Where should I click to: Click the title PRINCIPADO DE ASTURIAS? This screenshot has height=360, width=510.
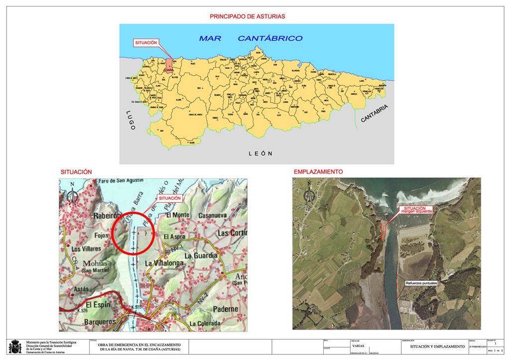(247, 16)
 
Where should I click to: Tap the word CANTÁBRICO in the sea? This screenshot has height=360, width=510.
(270, 38)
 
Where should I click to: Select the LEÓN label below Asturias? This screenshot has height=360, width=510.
(260, 153)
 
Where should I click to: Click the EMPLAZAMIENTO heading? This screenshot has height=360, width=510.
(318, 172)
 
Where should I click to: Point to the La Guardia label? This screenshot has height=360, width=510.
(201, 255)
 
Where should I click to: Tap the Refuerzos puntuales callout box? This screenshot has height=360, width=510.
(421, 283)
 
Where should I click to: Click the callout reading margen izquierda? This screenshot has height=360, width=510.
(418, 210)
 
